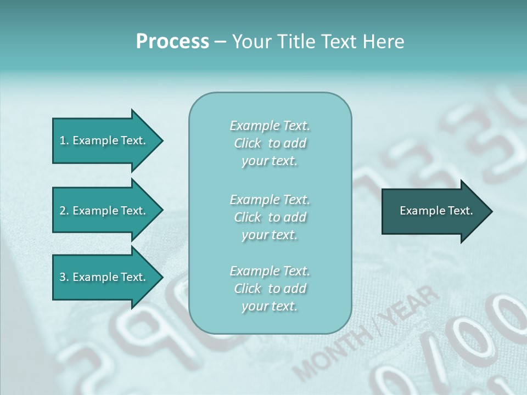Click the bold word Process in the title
[x=172, y=42]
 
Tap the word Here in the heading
[x=384, y=42]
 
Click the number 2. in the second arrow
[x=64, y=211]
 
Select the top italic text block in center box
[x=270, y=143]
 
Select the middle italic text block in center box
[x=270, y=217]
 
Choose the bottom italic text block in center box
[x=270, y=289]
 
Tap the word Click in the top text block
[x=248, y=144]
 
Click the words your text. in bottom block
[x=270, y=306]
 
